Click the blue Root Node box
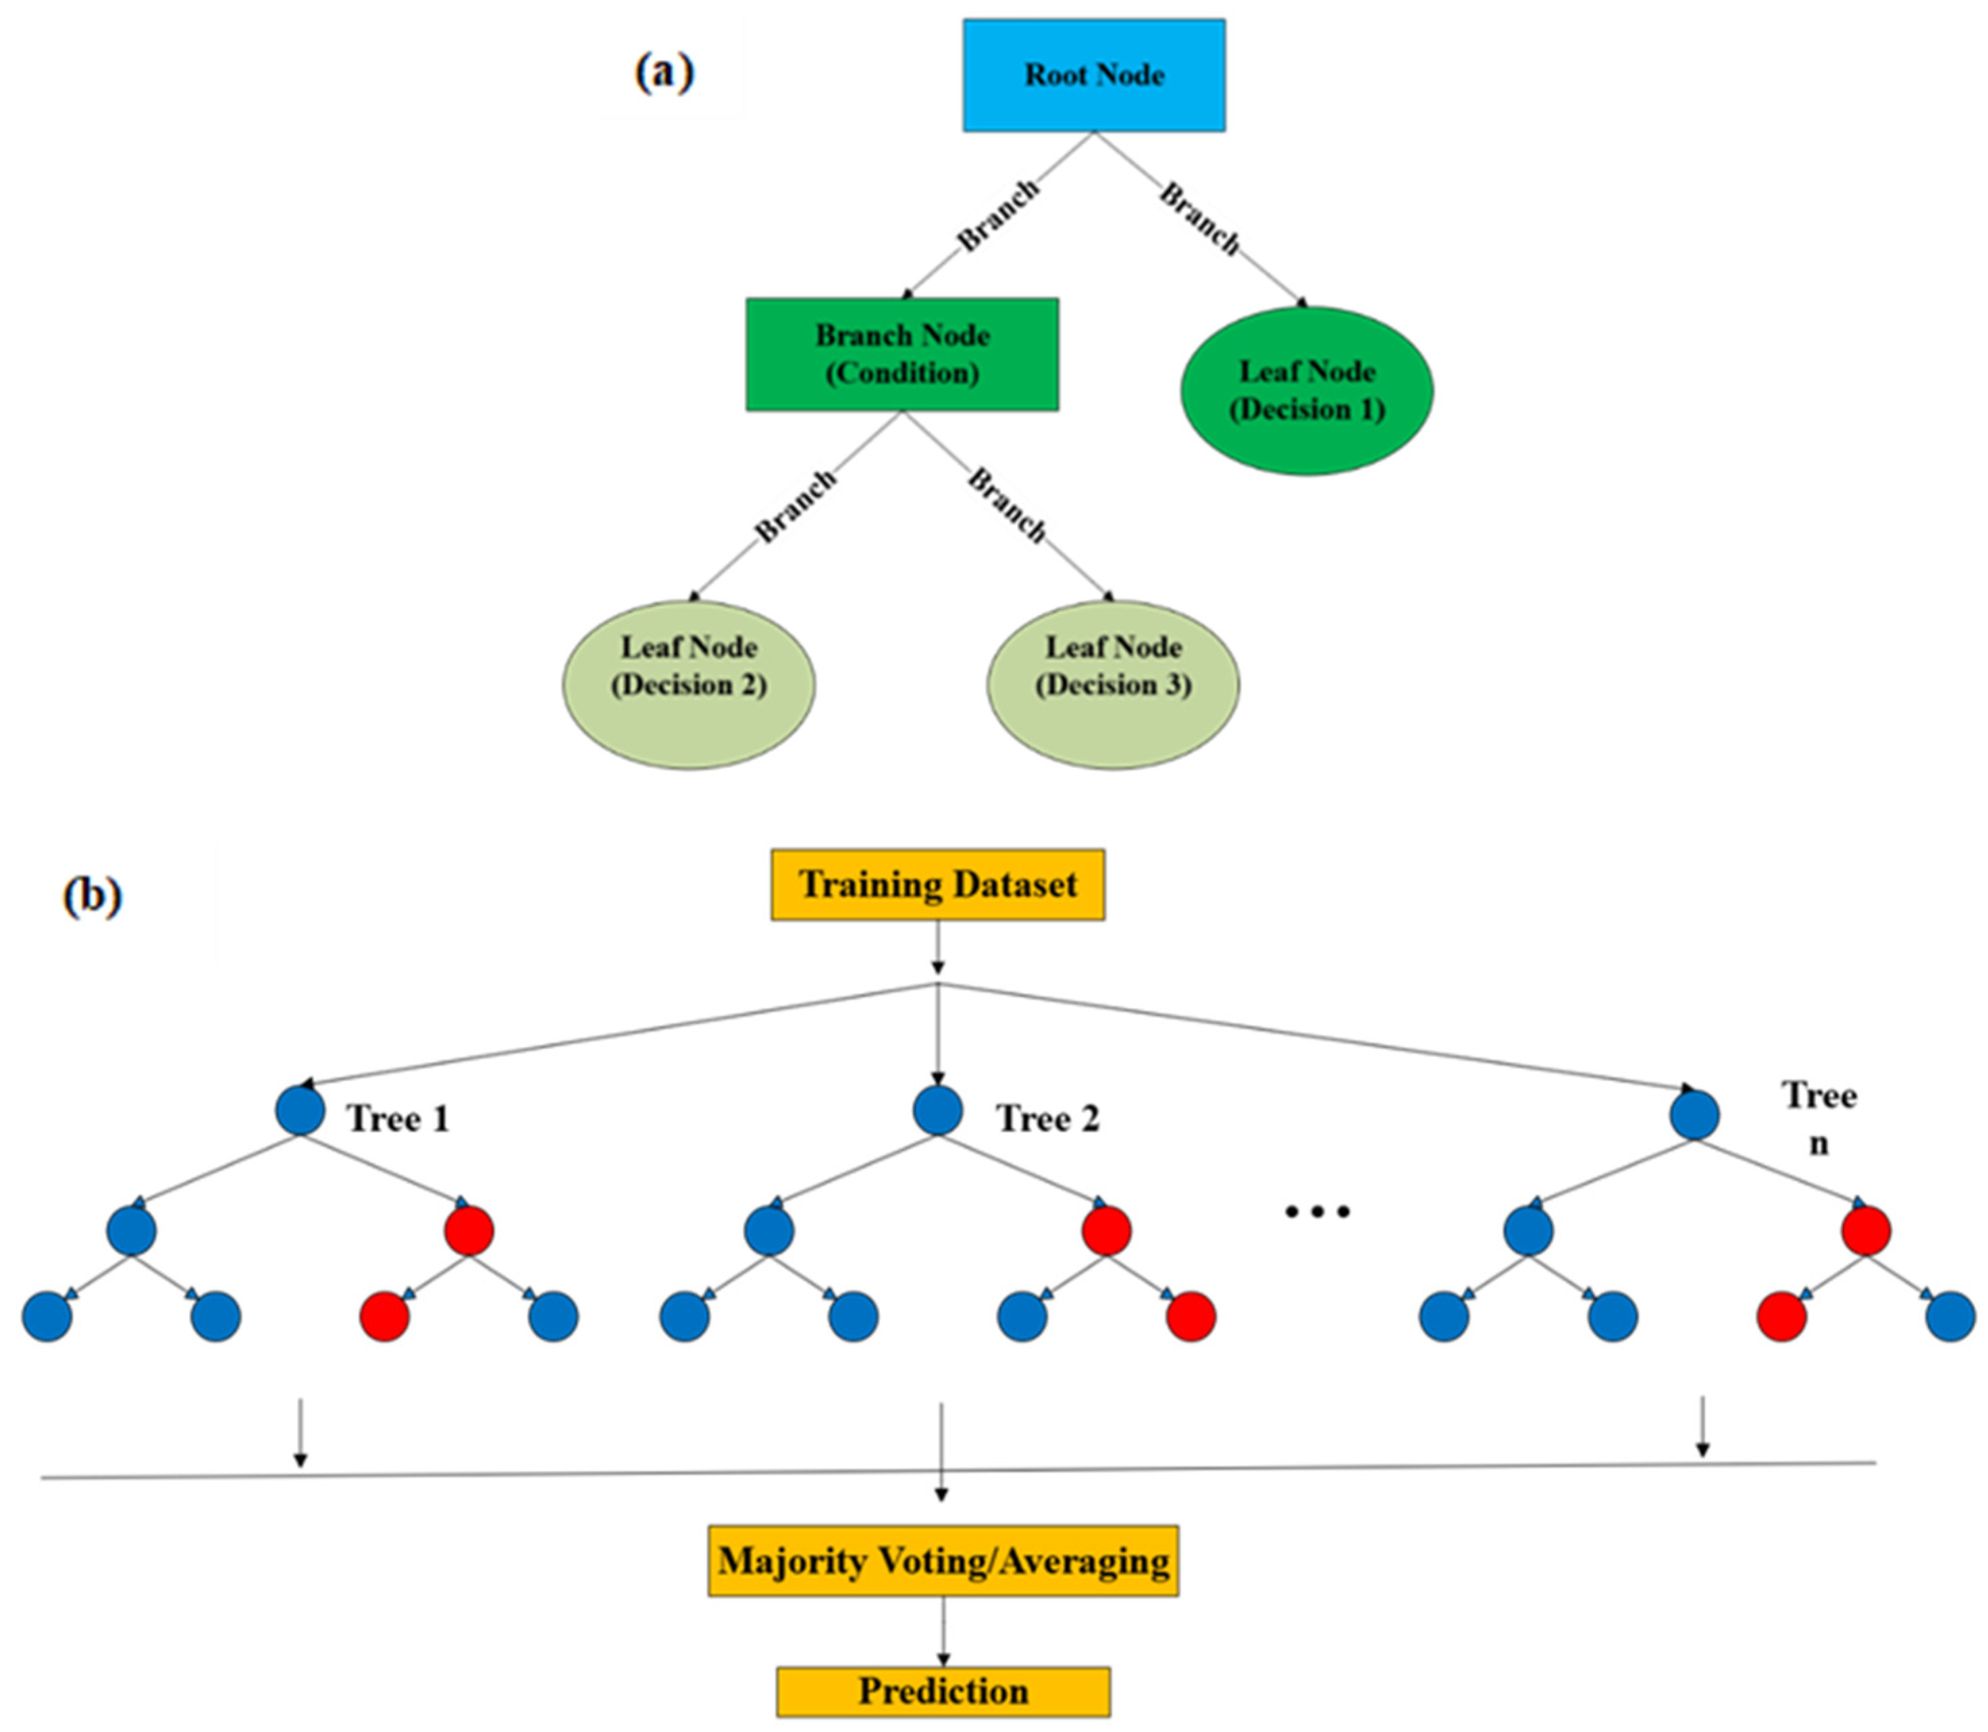1093,76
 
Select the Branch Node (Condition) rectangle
901,354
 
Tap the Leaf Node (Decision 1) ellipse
1307,390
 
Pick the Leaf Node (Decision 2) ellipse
689,684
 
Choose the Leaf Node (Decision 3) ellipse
1113,684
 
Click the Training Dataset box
937,884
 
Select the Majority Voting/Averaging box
943,1561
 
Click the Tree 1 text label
398,1118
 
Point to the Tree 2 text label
1047,1118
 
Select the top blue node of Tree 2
937,1110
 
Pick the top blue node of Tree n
1694,1114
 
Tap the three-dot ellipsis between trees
1316,1211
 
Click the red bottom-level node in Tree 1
385,1316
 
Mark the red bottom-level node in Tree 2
1191,1316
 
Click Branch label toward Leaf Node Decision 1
1200,219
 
